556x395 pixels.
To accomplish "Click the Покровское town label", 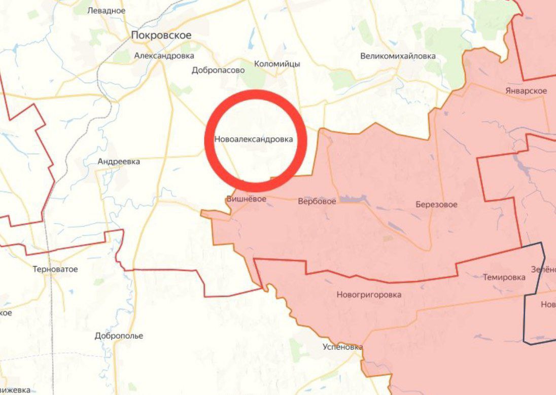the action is coord(161,35).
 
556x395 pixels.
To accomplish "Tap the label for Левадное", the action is coord(106,10).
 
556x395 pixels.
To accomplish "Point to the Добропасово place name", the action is coord(218,70).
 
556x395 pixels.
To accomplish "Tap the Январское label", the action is coord(526,91).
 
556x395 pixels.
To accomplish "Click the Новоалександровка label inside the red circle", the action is coord(254,139).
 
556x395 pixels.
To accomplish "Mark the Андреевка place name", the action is coord(119,161).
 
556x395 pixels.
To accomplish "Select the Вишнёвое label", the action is coord(246,199).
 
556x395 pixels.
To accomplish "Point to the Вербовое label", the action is coord(317,201).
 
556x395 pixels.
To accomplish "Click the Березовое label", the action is coord(436,205).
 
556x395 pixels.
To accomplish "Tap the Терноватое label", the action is coord(55,269).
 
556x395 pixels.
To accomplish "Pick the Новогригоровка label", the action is coord(369,294).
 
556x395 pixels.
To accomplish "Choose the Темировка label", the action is coord(504,277).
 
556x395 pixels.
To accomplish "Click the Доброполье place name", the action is coord(119,336).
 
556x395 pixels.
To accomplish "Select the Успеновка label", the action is coord(342,347).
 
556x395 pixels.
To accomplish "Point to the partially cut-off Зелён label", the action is coord(543,269).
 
